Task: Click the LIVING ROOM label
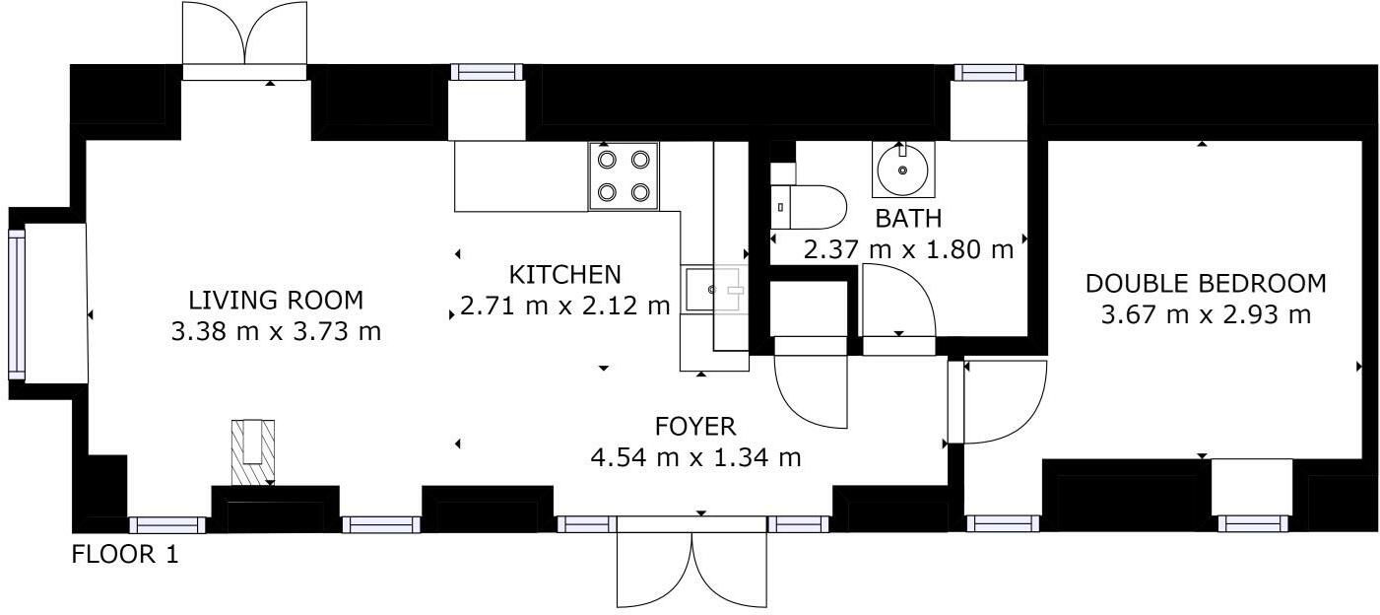(276, 300)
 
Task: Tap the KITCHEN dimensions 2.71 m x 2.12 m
(564, 307)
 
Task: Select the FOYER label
(695, 427)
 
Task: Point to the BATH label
(908, 219)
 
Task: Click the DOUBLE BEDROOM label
(1206, 284)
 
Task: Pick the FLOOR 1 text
(125, 555)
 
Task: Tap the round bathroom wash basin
(902, 169)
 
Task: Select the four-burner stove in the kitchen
(624, 175)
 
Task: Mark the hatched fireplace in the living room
(253, 451)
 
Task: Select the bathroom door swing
(897, 302)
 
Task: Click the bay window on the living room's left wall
(17, 304)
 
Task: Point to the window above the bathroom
(988, 72)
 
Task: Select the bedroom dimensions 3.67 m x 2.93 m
(1206, 315)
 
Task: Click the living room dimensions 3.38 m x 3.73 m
(276, 331)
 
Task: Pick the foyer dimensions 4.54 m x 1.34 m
(695, 458)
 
